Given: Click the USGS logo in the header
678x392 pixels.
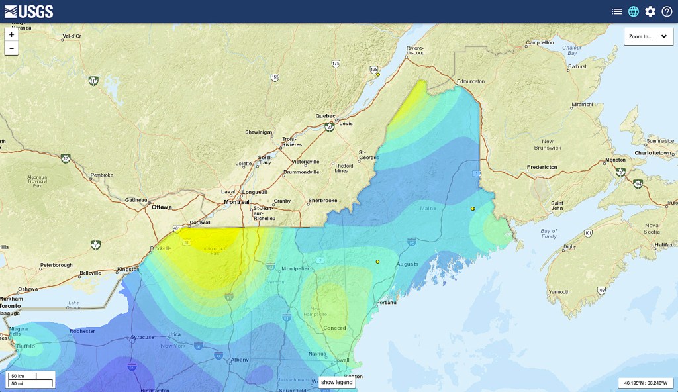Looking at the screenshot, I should [x=28, y=11].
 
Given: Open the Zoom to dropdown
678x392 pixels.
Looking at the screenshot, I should [x=648, y=36].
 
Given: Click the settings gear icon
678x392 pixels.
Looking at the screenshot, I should [x=650, y=11].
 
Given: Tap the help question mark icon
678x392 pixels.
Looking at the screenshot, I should [x=667, y=11].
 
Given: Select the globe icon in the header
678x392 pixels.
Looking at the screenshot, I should [x=634, y=11].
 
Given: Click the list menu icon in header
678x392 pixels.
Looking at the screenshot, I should [x=616, y=11].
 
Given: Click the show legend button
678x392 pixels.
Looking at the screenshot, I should [x=337, y=382].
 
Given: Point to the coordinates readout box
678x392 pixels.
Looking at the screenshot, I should [x=646, y=383].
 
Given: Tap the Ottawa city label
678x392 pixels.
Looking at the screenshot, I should [x=162, y=207].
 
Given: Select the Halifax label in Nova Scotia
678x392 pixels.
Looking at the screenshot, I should [x=663, y=245].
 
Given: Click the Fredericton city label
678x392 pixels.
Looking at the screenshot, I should [x=543, y=167].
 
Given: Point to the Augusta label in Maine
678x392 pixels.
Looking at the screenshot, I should [x=407, y=264].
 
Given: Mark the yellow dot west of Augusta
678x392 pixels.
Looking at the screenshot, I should [x=377, y=262].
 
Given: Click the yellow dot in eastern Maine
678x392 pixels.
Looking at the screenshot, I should [x=473, y=209].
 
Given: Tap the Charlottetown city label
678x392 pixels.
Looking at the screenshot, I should [x=653, y=152].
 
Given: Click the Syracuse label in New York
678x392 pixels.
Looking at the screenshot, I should [x=142, y=337].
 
